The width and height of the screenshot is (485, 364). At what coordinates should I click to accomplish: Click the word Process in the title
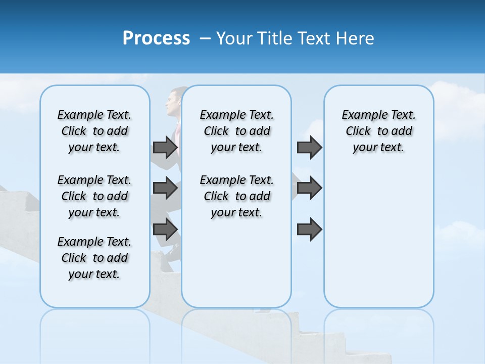click(x=156, y=38)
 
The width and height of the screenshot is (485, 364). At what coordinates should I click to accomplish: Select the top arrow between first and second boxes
click(x=165, y=147)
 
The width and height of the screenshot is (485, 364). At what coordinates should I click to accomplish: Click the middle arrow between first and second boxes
click(x=165, y=188)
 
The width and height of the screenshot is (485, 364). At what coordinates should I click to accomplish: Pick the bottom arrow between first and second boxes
click(x=165, y=230)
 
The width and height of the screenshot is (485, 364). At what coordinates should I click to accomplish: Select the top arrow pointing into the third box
click(x=310, y=147)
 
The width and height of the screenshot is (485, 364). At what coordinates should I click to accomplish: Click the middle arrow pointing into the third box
click(x=310, y=188)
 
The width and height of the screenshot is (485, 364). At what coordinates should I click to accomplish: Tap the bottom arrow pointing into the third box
click(x=310, y=230)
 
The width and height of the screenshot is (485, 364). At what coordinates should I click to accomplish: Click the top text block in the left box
click(x=94, y=131)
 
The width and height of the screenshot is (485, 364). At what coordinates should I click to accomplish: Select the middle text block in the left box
click(x=94, y=196)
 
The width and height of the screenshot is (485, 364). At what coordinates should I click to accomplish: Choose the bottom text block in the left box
click(x=94, y=258)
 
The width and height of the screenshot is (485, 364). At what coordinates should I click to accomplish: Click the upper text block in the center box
click(x=237, y=131)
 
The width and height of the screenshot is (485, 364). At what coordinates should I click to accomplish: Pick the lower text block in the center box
click(x=237, y=196)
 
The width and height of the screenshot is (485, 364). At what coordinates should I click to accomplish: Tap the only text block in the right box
click(x=379, y=131)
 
